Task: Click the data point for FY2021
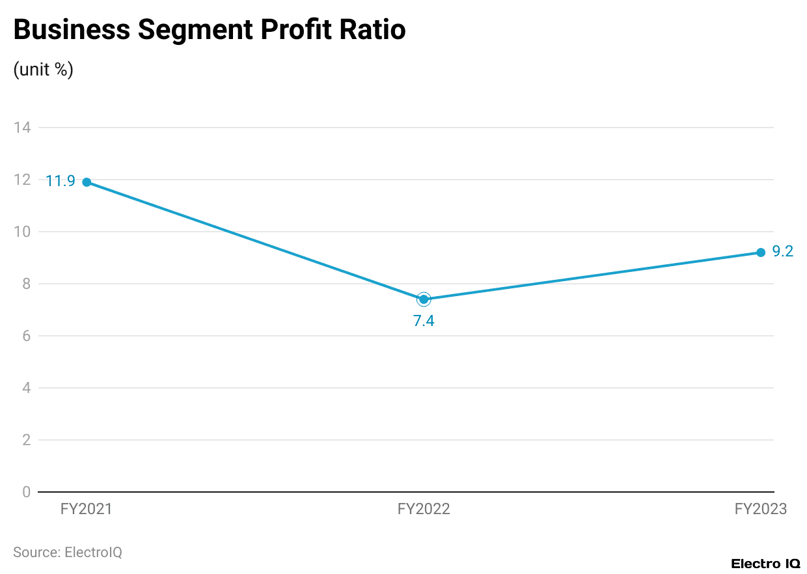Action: tap(87, 182)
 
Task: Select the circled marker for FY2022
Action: tap(424, 299)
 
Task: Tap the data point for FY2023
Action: tap(761, 253)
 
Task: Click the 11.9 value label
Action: tap(61, 182)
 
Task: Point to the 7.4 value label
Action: tap(424, 320)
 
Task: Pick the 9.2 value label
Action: tap(783, 251)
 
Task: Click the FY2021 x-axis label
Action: tap(87, 510)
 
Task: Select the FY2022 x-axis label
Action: tap(424, 510)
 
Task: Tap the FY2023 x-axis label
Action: tap(760, 510)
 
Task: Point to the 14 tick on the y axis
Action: tap(22, 128)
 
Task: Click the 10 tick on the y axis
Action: tap(22, 232)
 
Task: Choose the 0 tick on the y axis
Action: tap(26, 492)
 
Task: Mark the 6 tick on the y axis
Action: tap(26, 336)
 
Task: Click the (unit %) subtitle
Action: tap(43, 70)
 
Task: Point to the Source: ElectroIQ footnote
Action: tap(68, 553)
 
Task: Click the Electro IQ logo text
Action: tap(765, 564)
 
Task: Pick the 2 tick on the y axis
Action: tap(26, 440)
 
